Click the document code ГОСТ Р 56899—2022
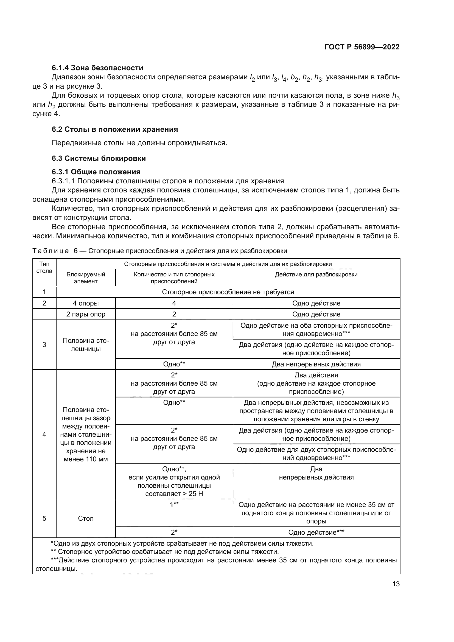point(362,47)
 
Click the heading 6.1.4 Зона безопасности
point(97,68)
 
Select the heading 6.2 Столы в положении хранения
point(115,129)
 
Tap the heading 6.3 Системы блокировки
point(99,158)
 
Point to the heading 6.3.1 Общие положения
point(96,172)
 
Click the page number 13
point(396,584)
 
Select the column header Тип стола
point(44,267)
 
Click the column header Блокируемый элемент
point(86,278)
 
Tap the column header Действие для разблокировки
point(316,274)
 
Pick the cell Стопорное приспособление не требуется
point(228,292)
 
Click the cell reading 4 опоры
point(86,303)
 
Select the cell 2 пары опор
point(86,314)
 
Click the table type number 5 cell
point(44,518)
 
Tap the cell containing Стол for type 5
point(86,518)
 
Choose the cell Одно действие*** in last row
point(316,532)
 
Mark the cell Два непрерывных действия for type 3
point(316,364)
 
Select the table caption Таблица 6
point(159,251)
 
